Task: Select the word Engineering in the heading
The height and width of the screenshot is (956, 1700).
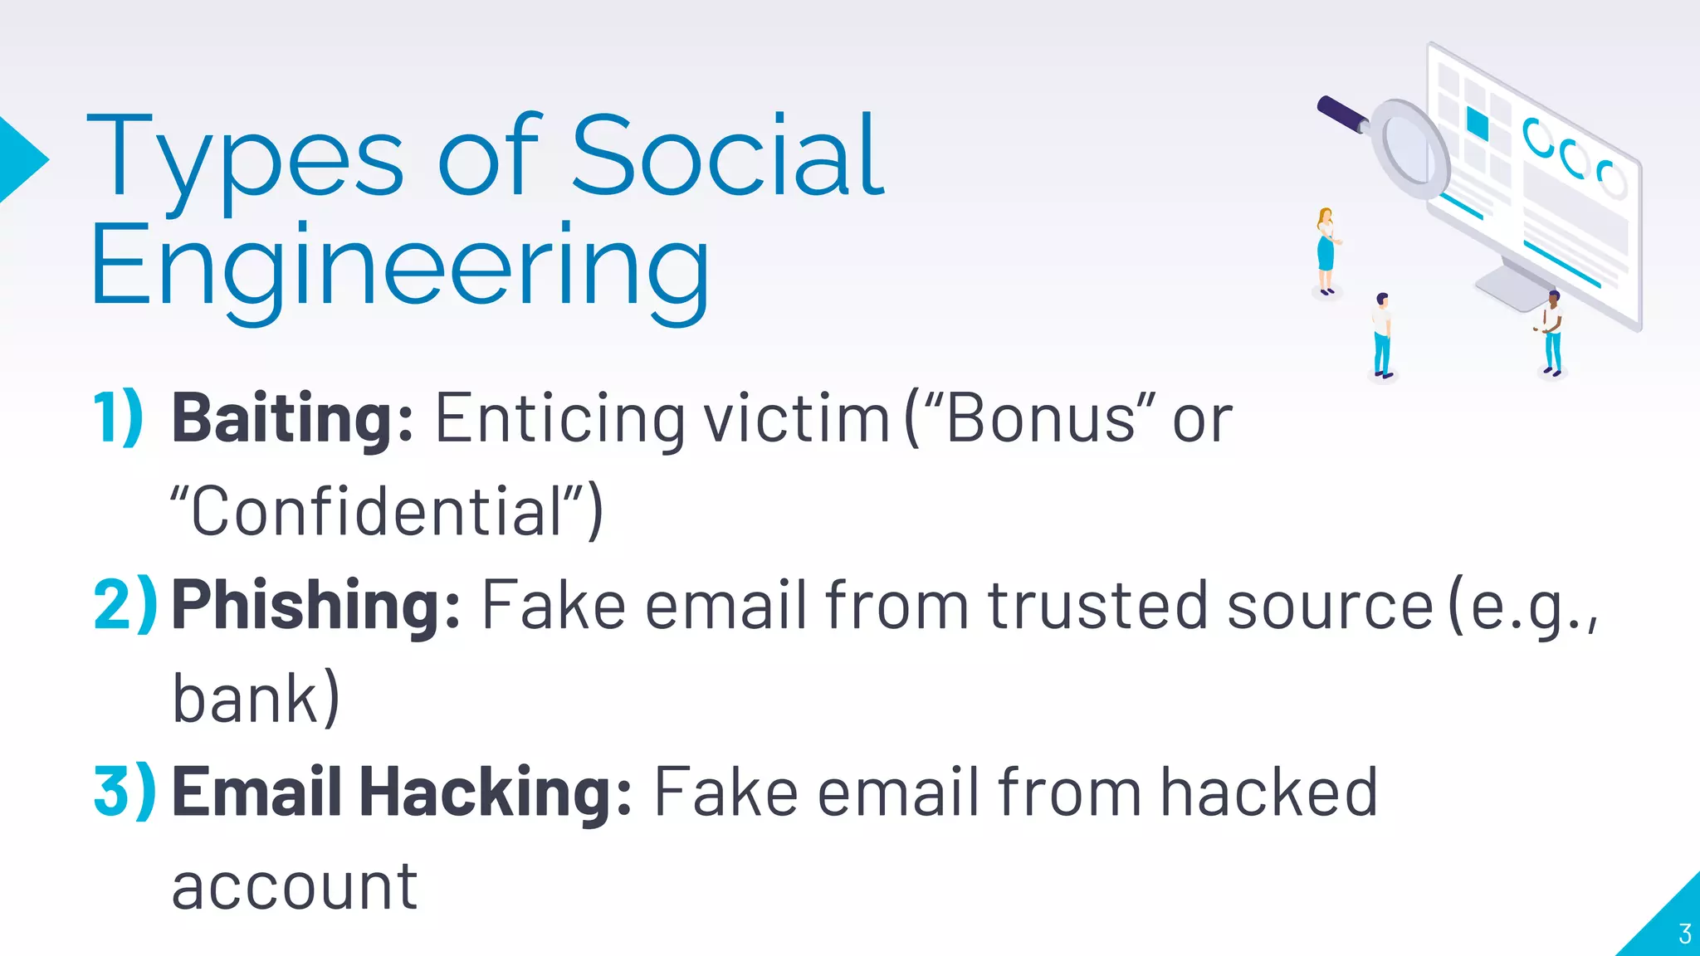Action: pos(399,267)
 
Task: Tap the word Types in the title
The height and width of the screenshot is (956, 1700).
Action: pos(246,158)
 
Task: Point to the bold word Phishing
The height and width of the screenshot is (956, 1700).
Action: pos(315,605)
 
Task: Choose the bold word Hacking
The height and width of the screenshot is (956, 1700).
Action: pos(496,793)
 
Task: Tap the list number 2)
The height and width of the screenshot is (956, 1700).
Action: pos(125,605)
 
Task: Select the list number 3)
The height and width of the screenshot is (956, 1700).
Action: pos(125,793)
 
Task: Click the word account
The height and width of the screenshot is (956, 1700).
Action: pos(295,886)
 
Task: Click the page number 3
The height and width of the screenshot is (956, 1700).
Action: pos(1684,934)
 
